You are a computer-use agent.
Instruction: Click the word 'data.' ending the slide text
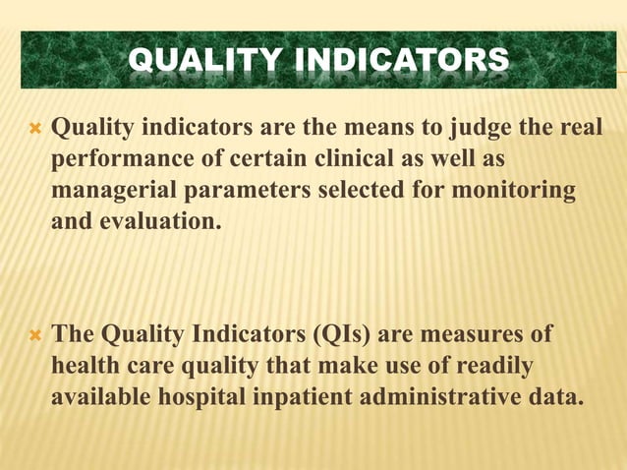tap(558, 399)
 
